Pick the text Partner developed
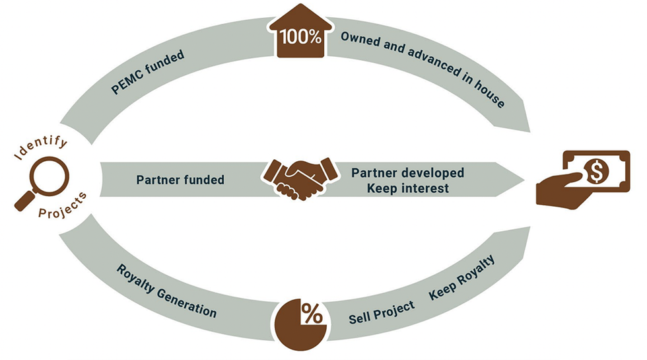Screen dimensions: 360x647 [407, 172]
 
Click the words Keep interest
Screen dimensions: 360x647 [400, 188]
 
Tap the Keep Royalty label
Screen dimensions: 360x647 [461, 283]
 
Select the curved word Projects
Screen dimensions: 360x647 [59, 213]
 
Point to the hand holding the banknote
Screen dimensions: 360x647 [561, 192]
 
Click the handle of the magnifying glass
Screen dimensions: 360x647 [22, 202]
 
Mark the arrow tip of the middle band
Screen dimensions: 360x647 [525, 179]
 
